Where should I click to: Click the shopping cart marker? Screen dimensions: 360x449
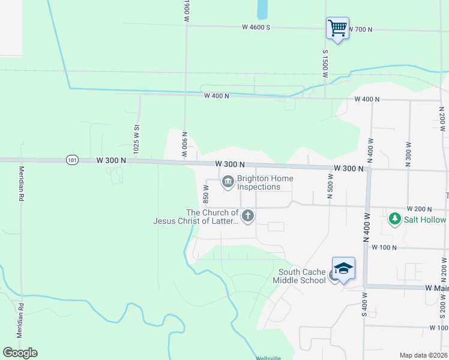coord(337,28)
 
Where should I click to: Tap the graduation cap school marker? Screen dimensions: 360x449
coord(343,268)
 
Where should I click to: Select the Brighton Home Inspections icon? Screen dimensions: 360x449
coord(228,181)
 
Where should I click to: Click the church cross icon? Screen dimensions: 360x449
coord(247,215)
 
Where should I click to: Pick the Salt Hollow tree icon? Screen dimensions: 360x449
coord(394,219)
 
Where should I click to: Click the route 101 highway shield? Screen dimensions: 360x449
coord(72,160)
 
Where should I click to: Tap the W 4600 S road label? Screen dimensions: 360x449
coord(257,27)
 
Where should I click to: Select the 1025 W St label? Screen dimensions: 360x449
coord(137,137)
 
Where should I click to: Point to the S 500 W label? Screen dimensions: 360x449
coord(330,185)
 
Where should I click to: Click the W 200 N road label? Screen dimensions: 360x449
coord(420,208)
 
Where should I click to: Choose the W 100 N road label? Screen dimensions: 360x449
coord(385,247)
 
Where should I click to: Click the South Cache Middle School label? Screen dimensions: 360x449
coord(300,276)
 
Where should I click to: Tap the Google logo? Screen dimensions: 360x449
coord(20,353)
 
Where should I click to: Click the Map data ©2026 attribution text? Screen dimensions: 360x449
coord(423,355)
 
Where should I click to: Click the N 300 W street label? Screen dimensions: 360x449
coord(408,154)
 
